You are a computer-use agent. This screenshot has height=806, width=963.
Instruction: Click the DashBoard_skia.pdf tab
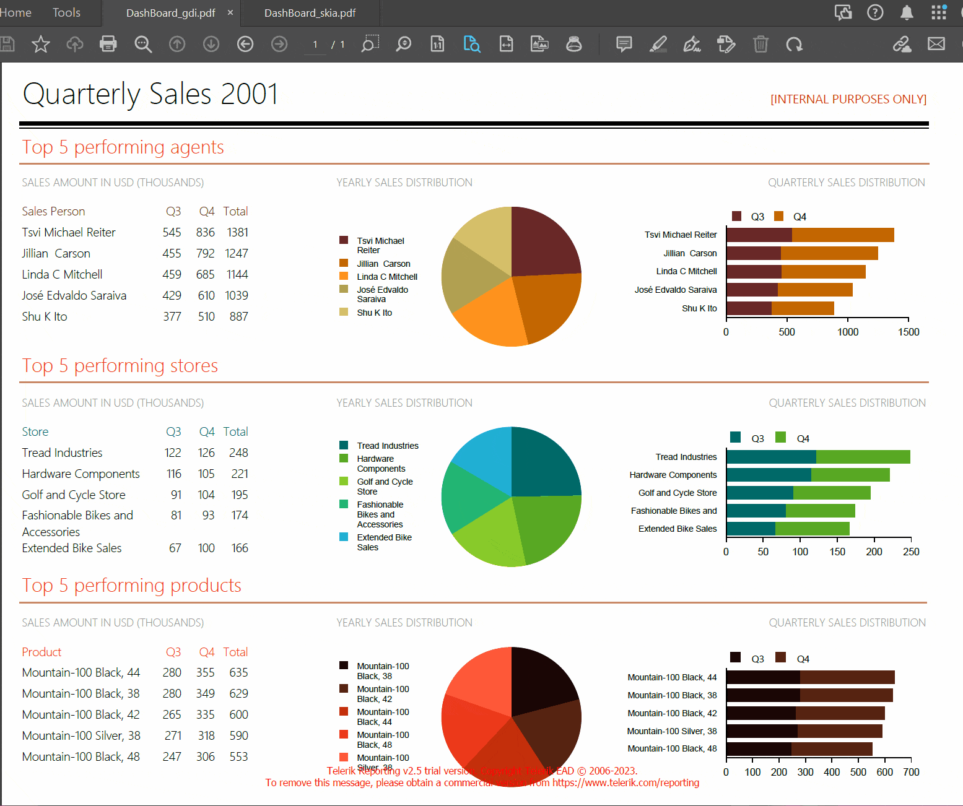pyautogui.click(x=310, y=13)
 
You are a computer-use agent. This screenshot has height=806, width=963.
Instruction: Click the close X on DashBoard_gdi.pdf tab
pyautogui.click(x=230, y=13)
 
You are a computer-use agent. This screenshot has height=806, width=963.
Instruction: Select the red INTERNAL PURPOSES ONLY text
pyautogui.click(x=848, y=100)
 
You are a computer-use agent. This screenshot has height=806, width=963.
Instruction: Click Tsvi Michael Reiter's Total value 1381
pyautogui.click(x=237, y=233)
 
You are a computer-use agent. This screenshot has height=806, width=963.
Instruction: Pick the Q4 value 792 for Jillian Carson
pyautogui.click(x=205, y=254)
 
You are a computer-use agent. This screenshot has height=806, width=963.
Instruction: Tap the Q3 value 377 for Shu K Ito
pyautogui.click(x=172, y=317)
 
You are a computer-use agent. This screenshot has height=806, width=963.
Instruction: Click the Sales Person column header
pyautogui.click(x=53, y=212)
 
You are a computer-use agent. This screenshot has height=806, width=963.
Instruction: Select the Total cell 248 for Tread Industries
pyautogui.click(x=238, y=453)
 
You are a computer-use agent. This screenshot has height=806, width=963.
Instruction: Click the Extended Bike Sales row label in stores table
pyautogui.click(x=72, y=548)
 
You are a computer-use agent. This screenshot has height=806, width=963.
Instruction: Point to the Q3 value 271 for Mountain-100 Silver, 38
pyautogui.click(x=173, y=736)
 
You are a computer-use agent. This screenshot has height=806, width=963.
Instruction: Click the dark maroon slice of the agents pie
pyautogui.click(x=542, y=245)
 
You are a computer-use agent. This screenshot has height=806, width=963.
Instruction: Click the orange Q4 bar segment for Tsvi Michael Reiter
pyautogui.click(x=842, y=235)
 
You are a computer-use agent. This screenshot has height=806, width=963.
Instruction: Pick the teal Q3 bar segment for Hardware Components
pyautogui.click(x=768, y=475)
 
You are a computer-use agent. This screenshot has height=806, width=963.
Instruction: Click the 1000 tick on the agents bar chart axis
pyautogui.click(x=848, y=332)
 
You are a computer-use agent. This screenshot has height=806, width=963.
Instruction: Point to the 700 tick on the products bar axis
pyautogui.click(x=911, y=773)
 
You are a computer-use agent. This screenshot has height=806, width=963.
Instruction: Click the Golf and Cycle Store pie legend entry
pyautogui.click(x=384, y=487)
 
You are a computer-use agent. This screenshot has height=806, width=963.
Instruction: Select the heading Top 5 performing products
pyautogui.click(x=131, y=586)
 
